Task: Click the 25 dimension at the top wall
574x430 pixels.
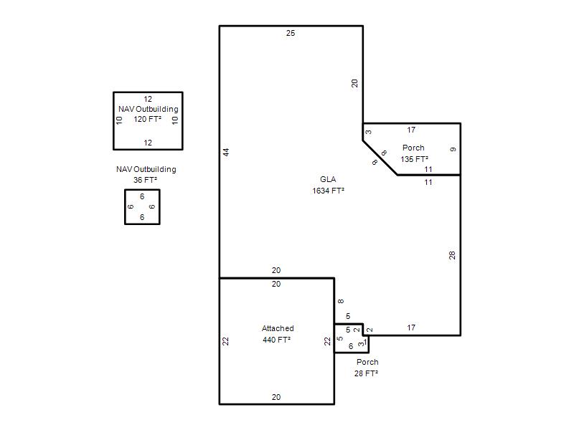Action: pos(291,33)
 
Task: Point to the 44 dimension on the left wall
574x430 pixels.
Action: pos(226,152)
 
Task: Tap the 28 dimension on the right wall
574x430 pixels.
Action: pos(452,255)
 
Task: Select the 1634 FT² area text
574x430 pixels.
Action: pos(328,191)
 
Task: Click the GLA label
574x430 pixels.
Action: pos(328,179)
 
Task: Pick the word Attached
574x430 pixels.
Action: pos(278,328)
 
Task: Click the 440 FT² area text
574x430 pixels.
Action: pos(276,340)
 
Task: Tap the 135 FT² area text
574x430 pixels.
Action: pos(415,159)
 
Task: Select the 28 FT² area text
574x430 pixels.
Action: pos(366,373)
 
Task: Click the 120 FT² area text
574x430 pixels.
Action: pos(148,119)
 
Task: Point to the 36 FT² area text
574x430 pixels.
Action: pos(146,180)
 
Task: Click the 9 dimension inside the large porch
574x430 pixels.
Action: pos(453,150)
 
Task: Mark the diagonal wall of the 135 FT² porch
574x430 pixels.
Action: pos(380,158)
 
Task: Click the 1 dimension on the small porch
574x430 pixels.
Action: pos(365,342)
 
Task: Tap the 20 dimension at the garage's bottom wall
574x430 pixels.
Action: pos(276,397)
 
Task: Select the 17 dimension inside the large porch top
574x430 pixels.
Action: pos(411,130)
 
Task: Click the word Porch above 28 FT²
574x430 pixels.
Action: pos(367,362)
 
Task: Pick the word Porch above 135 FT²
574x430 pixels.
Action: pos(413,148)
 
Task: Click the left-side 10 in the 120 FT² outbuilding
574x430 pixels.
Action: pos(119,120)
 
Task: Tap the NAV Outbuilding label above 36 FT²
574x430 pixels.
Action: pos(146,169)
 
